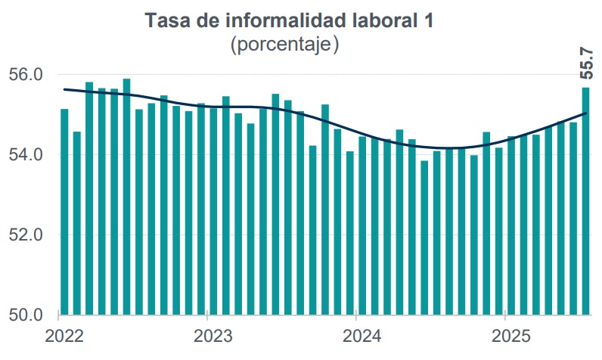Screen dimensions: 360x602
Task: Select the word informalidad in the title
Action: tap(288, 20)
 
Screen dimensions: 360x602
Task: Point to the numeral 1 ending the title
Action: tap(430, 20)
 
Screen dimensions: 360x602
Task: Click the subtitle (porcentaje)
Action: tap(284, 45)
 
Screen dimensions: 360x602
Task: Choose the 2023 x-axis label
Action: tap(213, 335)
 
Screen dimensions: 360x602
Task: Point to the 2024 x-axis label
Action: tap(362, 335)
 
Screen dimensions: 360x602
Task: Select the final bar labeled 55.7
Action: tap(585, 200)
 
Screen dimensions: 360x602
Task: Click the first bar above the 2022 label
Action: tap(64, 212)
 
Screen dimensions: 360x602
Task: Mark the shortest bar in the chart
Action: tap(424, 237)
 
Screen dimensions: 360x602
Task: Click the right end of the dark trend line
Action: tap(586, 113)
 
